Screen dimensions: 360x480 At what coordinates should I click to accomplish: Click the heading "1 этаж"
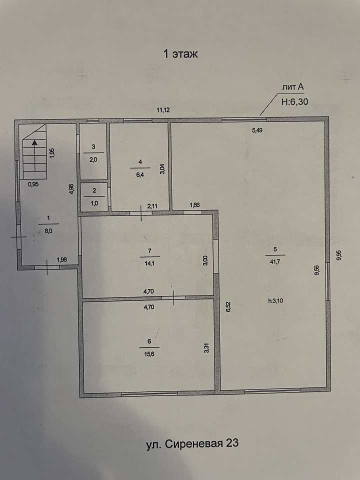(x=180, y=54)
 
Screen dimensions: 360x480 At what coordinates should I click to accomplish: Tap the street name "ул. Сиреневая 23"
(x=192, y=443)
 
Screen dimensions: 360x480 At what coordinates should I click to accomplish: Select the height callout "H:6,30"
(x=294, y=102)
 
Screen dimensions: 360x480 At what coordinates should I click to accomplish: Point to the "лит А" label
(x=292, y=87)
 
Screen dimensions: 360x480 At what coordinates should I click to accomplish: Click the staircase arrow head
(x=34, y=142)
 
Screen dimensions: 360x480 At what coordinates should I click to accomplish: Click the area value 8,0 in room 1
(x=48, y=231)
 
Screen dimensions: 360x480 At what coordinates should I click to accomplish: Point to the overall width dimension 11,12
(x=163, y=110)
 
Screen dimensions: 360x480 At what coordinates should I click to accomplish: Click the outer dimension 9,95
(x=338, y=255)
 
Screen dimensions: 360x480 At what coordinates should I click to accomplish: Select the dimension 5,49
(x=257, y=130)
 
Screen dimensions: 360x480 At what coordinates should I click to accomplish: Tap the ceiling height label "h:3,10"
(x=275, y=300)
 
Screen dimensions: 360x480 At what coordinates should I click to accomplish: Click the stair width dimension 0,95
(x=33, y=184)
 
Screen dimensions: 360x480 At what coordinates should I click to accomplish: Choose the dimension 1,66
(x=194, y=205)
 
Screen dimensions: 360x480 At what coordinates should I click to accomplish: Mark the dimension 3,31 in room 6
(x=206, y=349)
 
